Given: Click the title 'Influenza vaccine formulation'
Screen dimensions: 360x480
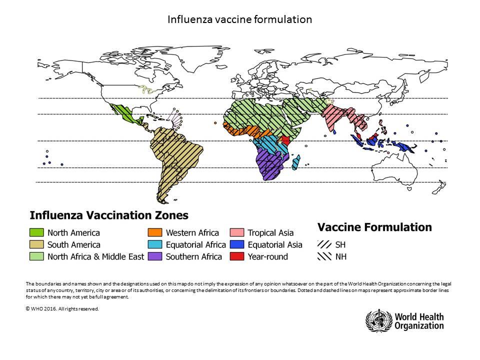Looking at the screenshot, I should click(239, 19).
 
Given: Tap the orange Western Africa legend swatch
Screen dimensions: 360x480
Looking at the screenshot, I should click(154, 232).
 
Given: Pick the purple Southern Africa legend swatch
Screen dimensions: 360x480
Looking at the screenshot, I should click(154, 256).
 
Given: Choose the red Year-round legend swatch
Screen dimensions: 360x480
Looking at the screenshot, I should click(237, 256).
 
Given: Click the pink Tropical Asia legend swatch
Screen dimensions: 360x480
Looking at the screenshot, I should click(237, 232).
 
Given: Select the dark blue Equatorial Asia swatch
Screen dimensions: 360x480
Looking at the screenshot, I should click(237, 244).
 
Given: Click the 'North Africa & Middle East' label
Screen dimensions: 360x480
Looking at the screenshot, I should click(95, 256).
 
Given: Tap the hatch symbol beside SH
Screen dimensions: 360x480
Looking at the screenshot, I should click(324, 245).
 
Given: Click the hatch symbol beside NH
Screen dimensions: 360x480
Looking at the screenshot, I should click(324, 257).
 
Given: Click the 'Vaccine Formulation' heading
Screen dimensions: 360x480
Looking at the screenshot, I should click(374, 227).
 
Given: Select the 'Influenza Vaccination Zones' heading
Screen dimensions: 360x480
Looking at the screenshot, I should click(109, 215).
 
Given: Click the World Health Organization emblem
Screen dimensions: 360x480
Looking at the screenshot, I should click(375, 319).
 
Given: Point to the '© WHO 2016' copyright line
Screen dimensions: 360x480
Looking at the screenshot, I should click(62, 308).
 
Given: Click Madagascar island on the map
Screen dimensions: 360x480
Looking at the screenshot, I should click(296, 162).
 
